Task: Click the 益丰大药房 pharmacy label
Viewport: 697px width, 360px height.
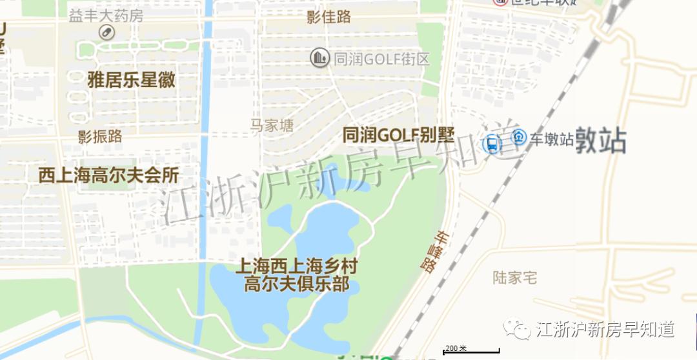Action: pyautogui.click(x=106, y=15)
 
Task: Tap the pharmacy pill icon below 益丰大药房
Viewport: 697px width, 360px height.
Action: pyautogui.click(x=106, y=32)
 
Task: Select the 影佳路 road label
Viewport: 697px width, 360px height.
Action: pyautogui.click(x=329, y=17)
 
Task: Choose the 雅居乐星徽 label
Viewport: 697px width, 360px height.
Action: pyautogui.click(x=132, y=80)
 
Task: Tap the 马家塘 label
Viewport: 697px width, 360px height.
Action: pyautogui.click(x=272, y=125)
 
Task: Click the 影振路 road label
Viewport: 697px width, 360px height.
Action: pyautogui.click(x=100, y=136)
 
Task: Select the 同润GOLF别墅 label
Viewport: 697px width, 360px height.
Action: pyautogui.click(x=398, y=135)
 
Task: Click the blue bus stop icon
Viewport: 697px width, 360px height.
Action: pyautogui.click(x=492, y=144)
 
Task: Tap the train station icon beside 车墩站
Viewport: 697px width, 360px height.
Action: pyautogui.click(x=519, y=137)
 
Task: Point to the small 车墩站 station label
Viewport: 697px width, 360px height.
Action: pyautogui.click(x=552, y=139)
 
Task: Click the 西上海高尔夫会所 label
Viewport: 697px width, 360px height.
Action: pyautogui.click(x=108, y=175)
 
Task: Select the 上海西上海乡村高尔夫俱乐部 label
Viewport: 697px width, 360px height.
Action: pyautogui.click(x=296, y=275)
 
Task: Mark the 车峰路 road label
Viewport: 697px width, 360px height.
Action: pyautogui.click(x=435, y=252)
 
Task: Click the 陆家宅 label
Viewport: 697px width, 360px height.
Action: pyautogui.click(x=515, y=278)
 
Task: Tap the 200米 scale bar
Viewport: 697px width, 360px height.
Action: pyautogui.click(x=470, y=350)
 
